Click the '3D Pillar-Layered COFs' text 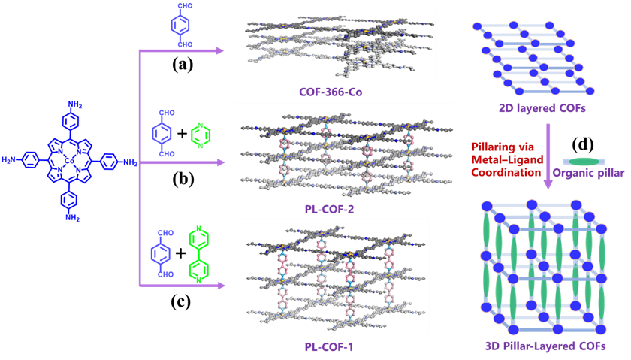pyautogui.click(x=545, y=346)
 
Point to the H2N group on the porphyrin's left pyautogui.click(x=11, y=160)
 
